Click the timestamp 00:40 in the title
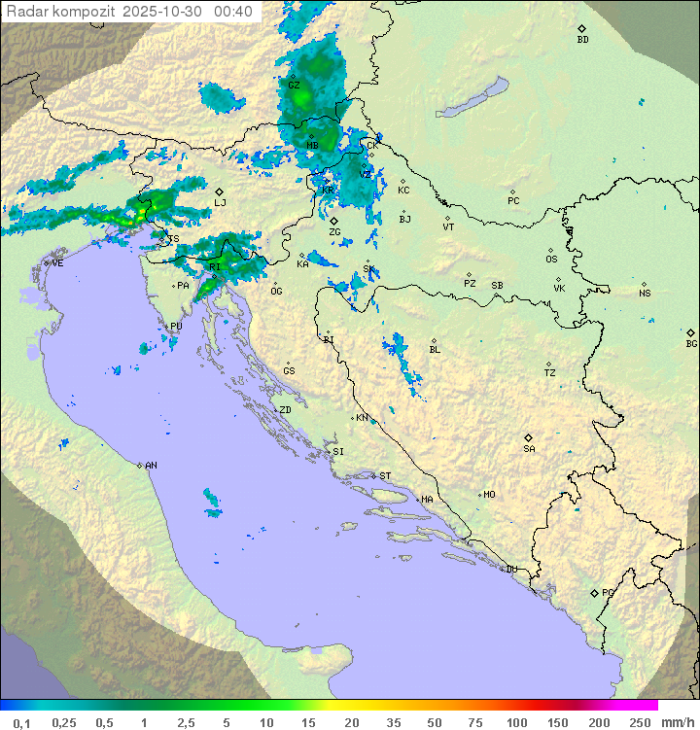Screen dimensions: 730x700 tap(234, 12)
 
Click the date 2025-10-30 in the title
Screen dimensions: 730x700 tap(164, 12)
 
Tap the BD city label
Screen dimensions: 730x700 tap(582, 40)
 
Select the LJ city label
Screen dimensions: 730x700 tap(220, 203)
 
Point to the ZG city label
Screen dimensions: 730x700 tap(334, 232)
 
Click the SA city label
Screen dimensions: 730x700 tap(529, 449)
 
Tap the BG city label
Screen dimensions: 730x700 tap(691, 343)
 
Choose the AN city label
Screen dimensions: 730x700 tap(151, 466)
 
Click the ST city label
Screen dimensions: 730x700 tap(385, 476)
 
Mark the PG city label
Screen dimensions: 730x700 tap(608, 593)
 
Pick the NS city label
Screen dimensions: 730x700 tap(645, 294)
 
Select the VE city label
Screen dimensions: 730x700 tap(57, 263)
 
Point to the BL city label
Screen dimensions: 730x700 tap(435, 350)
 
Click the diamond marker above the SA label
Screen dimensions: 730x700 tap(529, 437)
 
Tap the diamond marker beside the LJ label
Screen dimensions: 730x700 tap(220, 191)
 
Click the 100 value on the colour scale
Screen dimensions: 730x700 tap(516, 722)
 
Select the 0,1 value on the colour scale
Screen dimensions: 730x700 tap(21, 722)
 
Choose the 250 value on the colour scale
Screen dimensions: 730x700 tap(640, 722)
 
